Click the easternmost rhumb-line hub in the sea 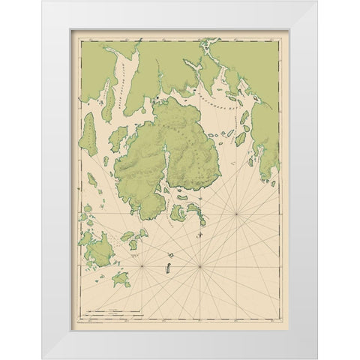[237, 214]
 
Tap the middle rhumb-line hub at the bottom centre [199, 266]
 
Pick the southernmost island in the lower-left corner [121, 280]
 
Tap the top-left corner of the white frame [43, 1]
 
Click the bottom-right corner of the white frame [316, 358]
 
